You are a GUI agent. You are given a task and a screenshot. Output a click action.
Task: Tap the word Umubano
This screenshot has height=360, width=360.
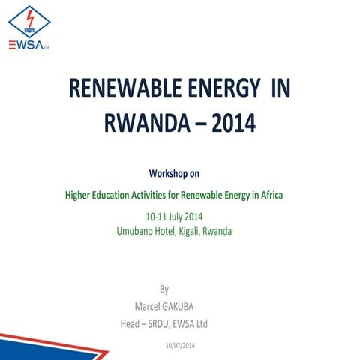pos(136,232)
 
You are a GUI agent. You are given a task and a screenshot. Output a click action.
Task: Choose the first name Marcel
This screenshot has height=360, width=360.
pos(148,305)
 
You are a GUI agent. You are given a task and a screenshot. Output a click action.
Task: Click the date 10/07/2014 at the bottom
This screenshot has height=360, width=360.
pos(179,344)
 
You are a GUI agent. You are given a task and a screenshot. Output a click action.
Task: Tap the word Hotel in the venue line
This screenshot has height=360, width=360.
pos(169,232)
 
